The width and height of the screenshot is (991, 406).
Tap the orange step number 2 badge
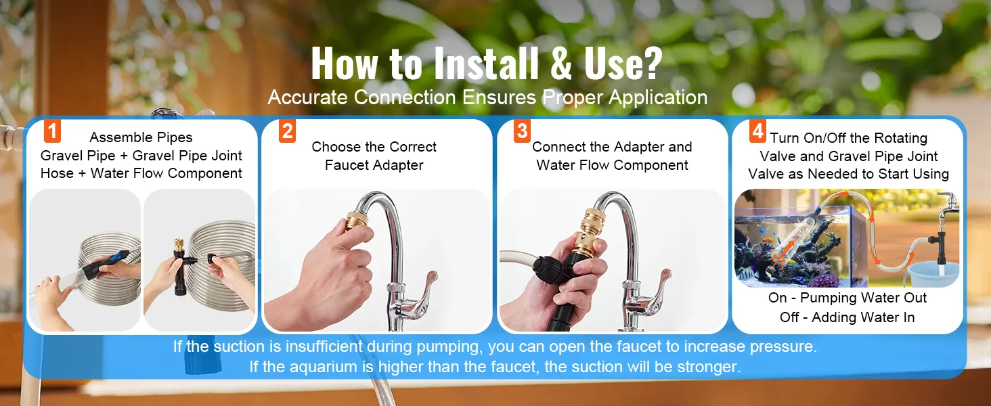pos(288,131)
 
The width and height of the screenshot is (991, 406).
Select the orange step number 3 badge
pos(522,131)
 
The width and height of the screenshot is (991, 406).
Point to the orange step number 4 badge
pos(757,131)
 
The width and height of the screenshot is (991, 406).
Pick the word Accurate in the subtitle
pos(308,97)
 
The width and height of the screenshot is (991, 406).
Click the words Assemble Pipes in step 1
pos(141,138)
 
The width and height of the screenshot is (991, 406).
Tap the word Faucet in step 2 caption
pos(348,165)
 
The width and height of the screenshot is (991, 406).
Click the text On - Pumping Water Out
pos(847,298)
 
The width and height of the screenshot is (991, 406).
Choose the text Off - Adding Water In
pos(847,317)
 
